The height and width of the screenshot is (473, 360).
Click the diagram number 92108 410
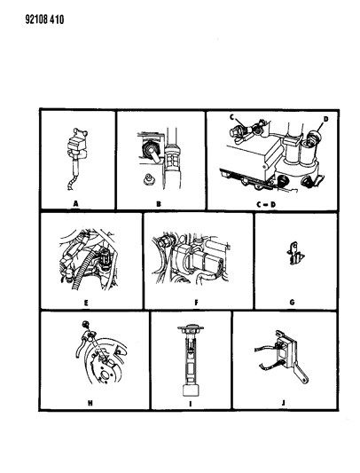point(44,20)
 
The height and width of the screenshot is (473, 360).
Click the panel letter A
point(76,204)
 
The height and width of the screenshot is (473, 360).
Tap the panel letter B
point(159,204)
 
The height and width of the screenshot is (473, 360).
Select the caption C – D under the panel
point(266,204)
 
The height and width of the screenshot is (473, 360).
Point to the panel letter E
point(86,303)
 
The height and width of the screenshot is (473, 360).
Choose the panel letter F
point(197,303)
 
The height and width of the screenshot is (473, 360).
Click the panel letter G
point(292,303)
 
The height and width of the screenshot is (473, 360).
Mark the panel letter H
point(90,403)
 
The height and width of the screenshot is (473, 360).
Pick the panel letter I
point(191,403)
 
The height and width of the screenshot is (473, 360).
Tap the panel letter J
point(284,403)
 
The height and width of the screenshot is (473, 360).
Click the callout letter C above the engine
point(231,117)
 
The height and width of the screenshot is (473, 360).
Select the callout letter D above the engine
point(326,119)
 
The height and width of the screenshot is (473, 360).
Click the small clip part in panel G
point(294,253)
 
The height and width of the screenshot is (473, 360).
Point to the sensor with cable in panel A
point(77,158)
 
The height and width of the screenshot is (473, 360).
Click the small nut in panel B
point(147,179)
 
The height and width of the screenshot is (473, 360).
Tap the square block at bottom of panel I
point(191,391)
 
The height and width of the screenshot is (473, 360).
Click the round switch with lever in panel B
point(151,151)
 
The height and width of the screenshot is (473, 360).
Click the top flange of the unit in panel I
point(190,327)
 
